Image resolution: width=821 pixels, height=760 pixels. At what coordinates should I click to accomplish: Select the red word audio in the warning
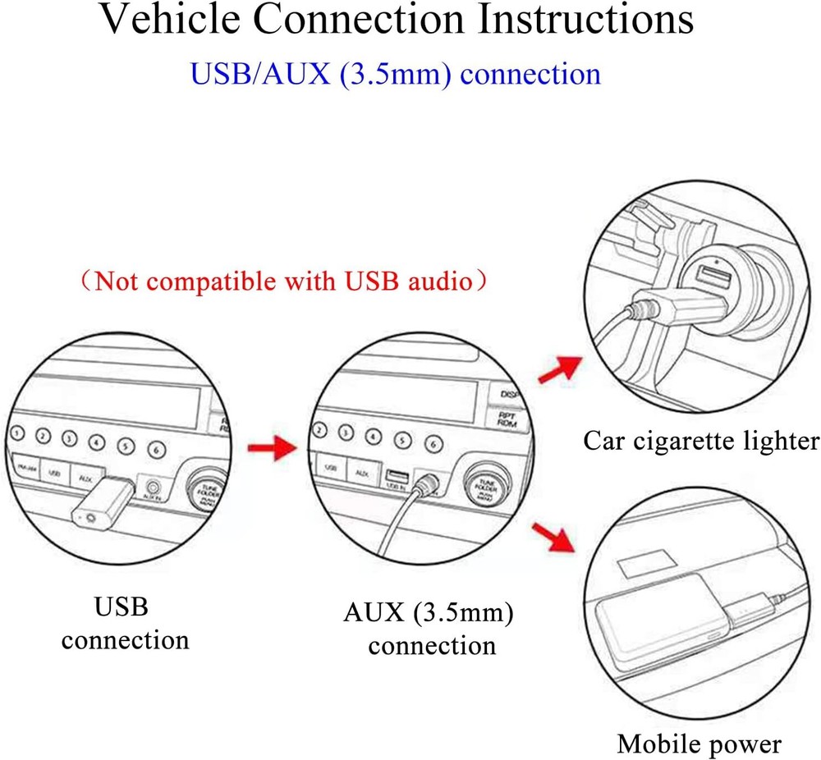[434, 282]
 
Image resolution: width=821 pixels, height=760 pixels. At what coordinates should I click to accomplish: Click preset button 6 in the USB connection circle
[155, 449]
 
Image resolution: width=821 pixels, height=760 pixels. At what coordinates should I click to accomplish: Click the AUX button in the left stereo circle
[85, 475]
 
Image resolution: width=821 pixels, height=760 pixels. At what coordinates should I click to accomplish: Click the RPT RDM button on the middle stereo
[506, 419]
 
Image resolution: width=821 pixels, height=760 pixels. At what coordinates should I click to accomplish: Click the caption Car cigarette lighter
[701, 441]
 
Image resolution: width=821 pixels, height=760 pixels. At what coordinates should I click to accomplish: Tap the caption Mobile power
[699, 744]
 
